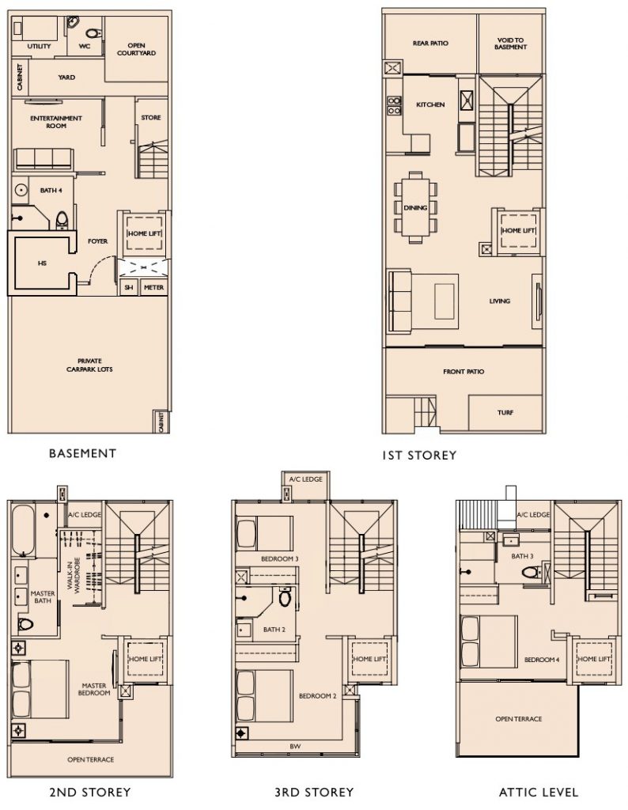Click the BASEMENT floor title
[x=82, y=453]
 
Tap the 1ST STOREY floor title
[x=419, y=455]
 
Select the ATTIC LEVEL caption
[x=539, y=791]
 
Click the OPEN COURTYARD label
[x=136, y=49]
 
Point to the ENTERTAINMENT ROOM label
[x=56, y=122]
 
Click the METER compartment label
[x=153, y=288]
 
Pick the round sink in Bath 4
[x=21, y=190]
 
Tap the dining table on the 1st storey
[x=416, y=207]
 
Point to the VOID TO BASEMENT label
[x=511, y=44]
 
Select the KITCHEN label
[x=430, y=104]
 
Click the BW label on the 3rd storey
[x=294, y=745]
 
